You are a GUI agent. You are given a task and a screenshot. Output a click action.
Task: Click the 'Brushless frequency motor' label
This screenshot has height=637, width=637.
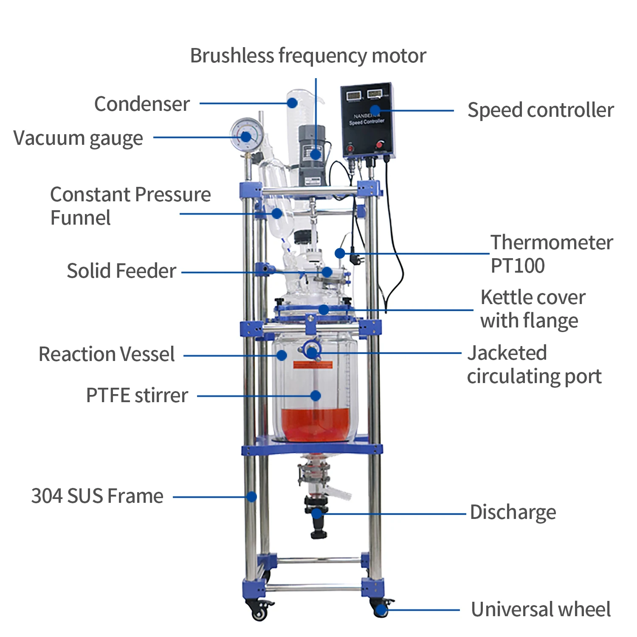[308, 56]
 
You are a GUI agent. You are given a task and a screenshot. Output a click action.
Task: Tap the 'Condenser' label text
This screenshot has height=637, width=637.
[142, 104]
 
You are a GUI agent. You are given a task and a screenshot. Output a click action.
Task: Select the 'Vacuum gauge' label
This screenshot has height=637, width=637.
[78, 138]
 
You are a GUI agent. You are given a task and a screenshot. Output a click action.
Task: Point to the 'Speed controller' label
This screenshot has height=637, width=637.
[541, 110]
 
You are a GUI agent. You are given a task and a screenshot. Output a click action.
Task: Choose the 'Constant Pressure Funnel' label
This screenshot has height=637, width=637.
[130, 206]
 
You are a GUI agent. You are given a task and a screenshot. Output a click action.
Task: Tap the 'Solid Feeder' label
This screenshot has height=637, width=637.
[121, 271]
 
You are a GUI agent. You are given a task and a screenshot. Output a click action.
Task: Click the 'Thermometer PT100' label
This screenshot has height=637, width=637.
[551, 254]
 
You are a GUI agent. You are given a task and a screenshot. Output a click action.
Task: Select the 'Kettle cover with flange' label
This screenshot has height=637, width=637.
[533, 309]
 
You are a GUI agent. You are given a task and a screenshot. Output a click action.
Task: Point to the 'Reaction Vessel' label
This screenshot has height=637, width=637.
[107, 354]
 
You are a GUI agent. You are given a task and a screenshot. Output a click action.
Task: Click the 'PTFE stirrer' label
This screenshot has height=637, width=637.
[137, 395]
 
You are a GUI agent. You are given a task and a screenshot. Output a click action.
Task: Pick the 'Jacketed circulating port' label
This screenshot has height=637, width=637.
[534, 365]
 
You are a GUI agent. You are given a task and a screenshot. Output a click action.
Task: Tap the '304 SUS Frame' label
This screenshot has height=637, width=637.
[97, 496]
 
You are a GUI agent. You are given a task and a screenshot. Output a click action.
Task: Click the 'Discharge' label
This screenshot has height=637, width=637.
[513, 513]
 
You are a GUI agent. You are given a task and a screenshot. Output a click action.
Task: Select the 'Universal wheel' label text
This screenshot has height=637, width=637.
[541, 609]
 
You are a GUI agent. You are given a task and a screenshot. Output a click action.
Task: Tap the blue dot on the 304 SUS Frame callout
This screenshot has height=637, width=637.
[252, 496]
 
